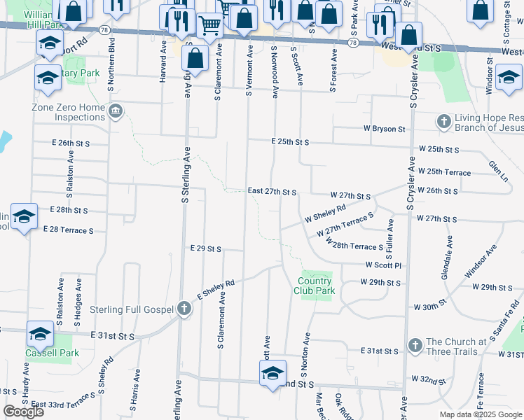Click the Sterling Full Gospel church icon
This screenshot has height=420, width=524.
click(184, 309)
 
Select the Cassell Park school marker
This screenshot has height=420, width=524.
click(40, 335)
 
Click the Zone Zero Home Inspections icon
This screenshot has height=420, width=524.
click(116, 111)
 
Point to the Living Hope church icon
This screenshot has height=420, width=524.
click(443, 122)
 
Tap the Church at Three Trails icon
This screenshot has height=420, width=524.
click(415, 346)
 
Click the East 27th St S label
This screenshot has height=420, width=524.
click(273, 191)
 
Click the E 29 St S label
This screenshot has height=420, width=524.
click(206, 248)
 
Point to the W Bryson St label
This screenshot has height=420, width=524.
click(384, 129)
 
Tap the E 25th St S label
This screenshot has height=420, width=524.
click(290, 141)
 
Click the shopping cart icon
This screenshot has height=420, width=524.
click(210, 26)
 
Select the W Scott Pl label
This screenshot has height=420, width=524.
click(382, 265)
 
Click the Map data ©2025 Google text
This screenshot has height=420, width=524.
click(481, 414)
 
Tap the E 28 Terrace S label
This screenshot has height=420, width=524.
click(68, 230)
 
